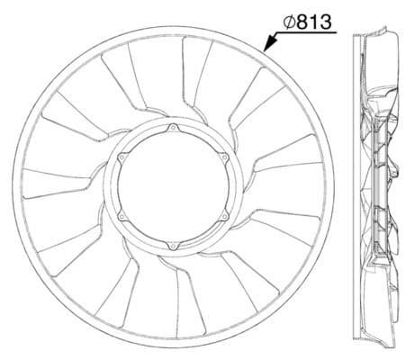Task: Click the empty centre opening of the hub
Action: pos(173,188)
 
